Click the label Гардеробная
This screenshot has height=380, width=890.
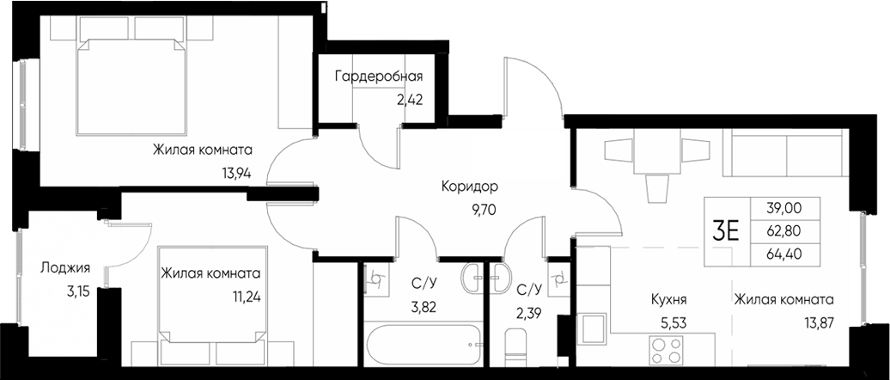tap(379, 76)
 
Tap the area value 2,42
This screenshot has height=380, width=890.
tap(409, 99)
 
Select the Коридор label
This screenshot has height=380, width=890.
tap(470, 187)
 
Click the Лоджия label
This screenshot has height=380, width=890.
tap(65, 267)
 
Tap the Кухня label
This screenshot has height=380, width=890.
tap(667, 300)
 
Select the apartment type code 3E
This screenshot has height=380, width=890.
tap(726, 230)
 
